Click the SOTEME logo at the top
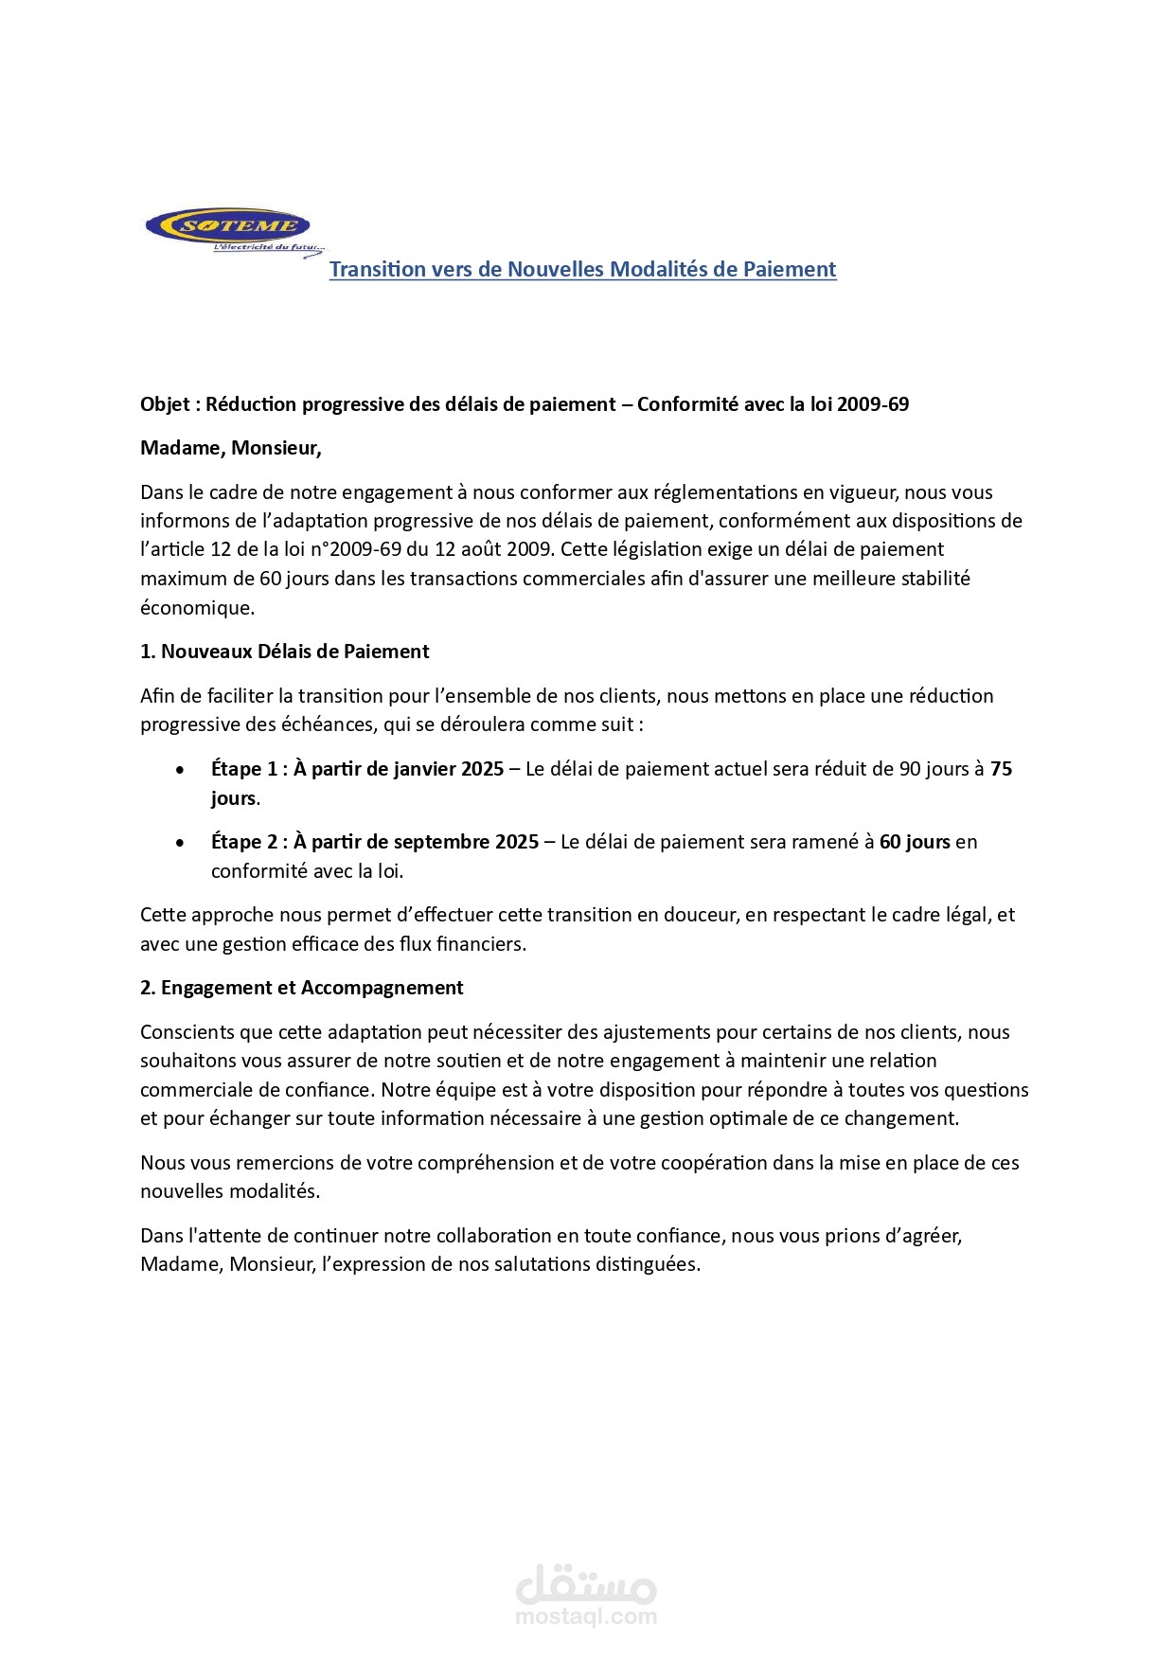(x=228, y=227)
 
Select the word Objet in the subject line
(x=165, y=404)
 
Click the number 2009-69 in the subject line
(x=873, y=404)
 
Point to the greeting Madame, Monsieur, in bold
(x=230, y=448)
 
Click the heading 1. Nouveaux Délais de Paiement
(x=284, y=652)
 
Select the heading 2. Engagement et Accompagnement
(x=301, y=988)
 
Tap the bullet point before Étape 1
(x=180, y=770)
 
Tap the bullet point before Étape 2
(x=180, y=843)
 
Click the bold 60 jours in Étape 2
(x=915, y=842)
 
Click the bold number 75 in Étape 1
(x=1001, y=769)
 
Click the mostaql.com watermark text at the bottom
(x=586, y=1617)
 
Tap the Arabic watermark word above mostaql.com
(x=586, y=1582)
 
